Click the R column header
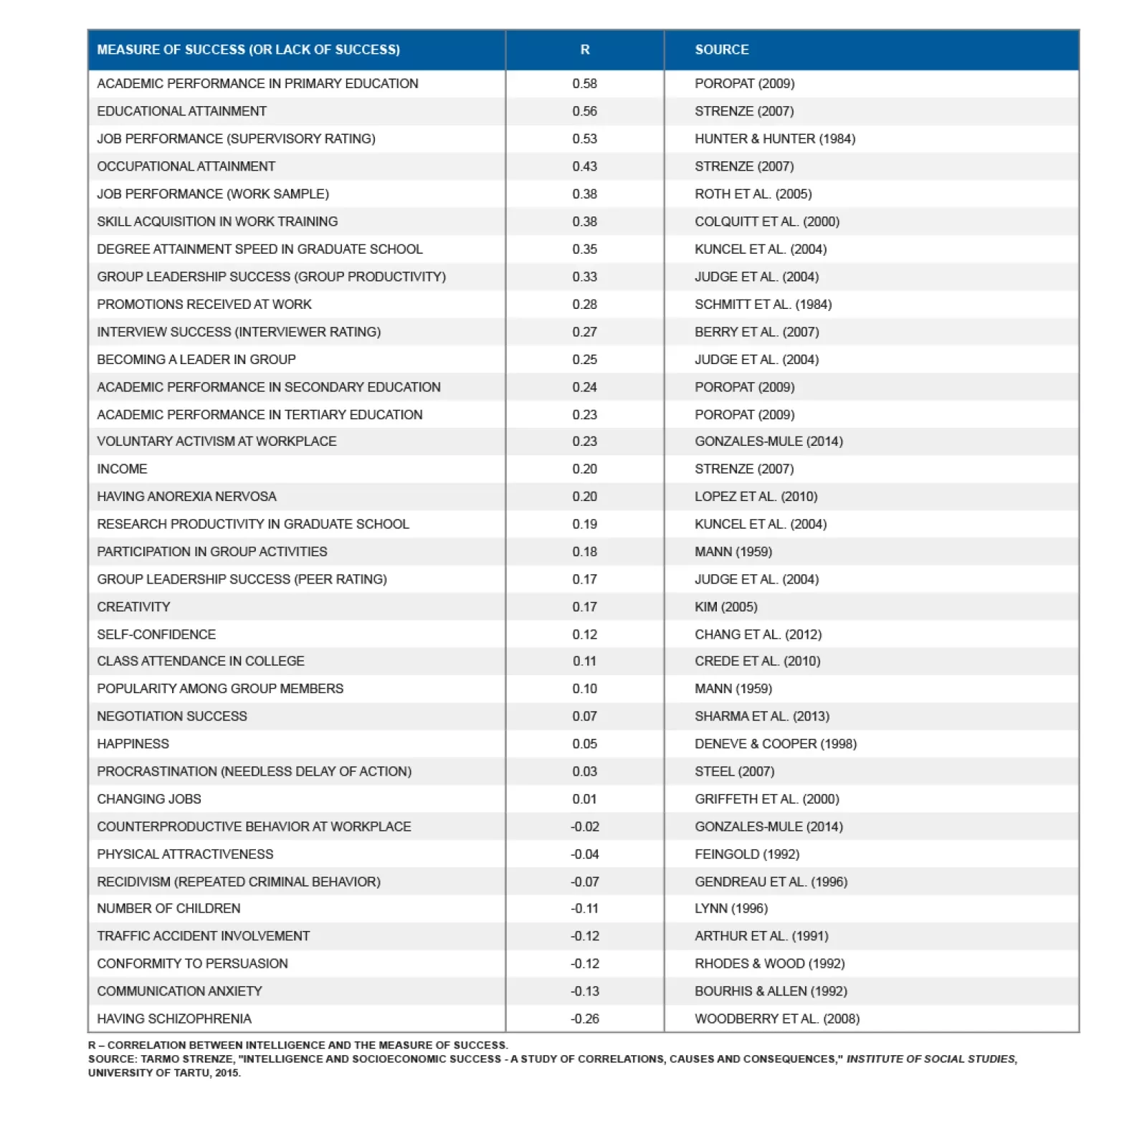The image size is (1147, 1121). click(584, 49)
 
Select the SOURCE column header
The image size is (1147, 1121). click(721, 49)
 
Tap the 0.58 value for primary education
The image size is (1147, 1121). click(584, 84)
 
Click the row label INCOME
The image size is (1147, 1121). click(122, 469)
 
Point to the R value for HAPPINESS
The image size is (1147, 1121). click(584, 744)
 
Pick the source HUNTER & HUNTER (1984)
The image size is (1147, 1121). click(774, 139)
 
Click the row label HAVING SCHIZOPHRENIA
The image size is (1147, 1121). click(174, 1019)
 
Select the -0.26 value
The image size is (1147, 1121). click(584, 1019)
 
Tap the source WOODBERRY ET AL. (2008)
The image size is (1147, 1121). click(776, 1019)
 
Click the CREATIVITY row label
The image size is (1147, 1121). click(133, 607)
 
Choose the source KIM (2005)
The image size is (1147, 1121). click(725, 607)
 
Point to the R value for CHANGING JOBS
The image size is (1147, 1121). click(584, 799)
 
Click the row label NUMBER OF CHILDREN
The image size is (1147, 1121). click(168, 908)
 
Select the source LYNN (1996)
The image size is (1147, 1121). click(730, 908)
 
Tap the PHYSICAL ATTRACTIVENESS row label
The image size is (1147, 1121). click(185, 854)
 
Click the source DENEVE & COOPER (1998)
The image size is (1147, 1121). click(775, 744)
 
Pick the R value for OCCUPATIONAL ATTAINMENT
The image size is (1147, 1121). click(584, 166)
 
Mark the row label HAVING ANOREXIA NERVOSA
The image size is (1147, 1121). click(186, 497)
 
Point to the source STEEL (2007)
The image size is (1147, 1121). click(734, 772)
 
